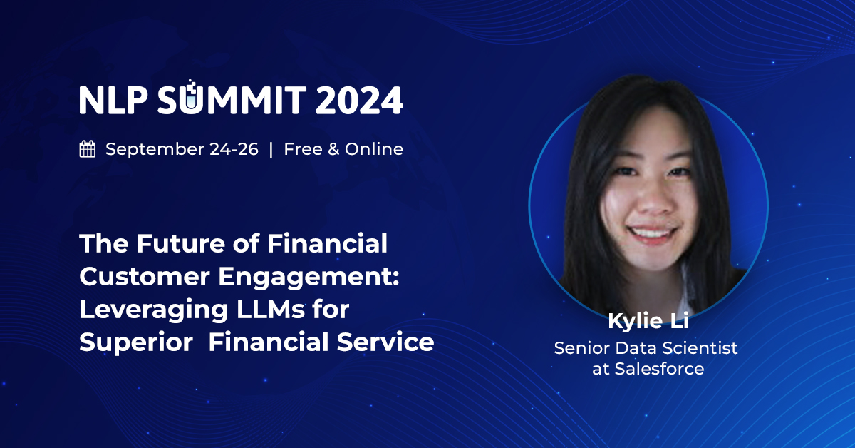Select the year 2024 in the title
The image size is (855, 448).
pos(359,100)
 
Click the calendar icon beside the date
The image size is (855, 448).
pos(88,149)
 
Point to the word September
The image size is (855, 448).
pos(145,149)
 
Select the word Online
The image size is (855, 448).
pos(374,149)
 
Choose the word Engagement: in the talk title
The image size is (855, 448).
pos(311,277)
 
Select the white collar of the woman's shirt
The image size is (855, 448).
pos(686,285)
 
